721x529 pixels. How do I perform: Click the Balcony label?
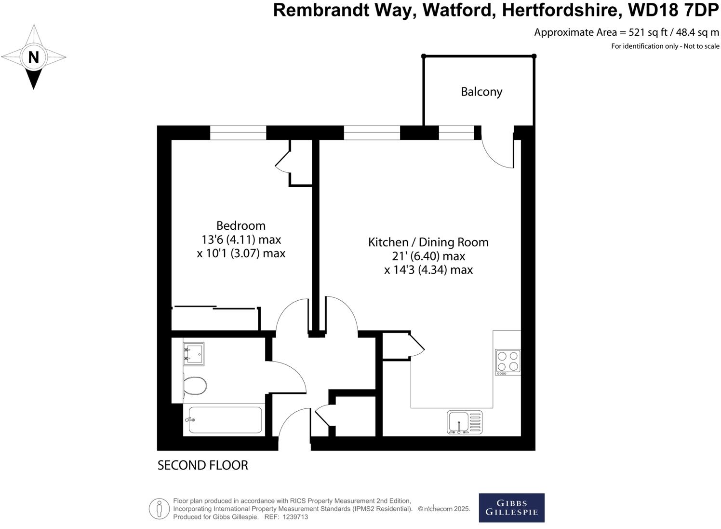481,92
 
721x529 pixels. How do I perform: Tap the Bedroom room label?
240,225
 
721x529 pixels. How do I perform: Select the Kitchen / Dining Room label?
428,242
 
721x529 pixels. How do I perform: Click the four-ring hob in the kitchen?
508,362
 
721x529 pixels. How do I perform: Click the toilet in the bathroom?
195,386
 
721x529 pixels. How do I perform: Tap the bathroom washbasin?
194,353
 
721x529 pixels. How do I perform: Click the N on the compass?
33,57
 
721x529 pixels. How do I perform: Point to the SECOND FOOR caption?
202,465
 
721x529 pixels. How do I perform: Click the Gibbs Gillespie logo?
511,508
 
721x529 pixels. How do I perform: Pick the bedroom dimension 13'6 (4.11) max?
240,239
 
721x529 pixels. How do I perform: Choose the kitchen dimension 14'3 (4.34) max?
428,270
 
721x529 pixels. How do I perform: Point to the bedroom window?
238,133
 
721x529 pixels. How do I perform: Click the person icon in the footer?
159,509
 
